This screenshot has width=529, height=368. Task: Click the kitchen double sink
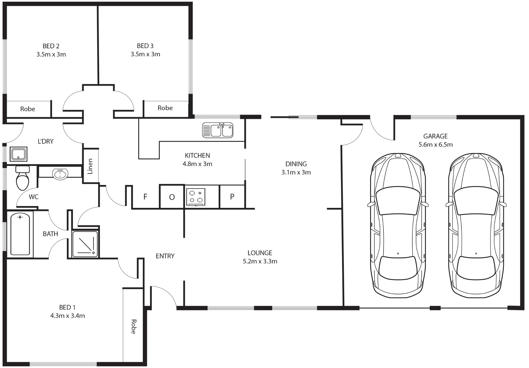coord(218,130)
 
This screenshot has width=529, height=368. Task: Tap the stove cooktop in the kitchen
coord(196,197)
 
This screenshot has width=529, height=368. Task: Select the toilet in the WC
coord(22,178)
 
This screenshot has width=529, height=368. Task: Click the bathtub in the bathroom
coord(20,234)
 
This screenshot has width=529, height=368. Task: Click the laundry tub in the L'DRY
coord(19,154)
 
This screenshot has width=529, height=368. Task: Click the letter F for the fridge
coord(145,197)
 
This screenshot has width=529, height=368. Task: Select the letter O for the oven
coord(172,197)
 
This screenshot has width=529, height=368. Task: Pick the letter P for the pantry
coord(232,197)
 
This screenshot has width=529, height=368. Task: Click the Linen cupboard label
coord(90,166)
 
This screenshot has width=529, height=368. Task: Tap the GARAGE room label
coord(435,136)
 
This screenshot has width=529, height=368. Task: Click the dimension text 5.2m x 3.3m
coord(260,261)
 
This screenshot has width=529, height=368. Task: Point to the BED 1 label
coord(67,307)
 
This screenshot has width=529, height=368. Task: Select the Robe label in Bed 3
coord(165,108)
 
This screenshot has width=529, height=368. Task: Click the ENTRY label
coord(165,256)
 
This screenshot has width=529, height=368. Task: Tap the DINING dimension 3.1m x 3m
coord(296,172)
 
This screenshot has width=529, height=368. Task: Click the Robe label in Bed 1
coord(134,327)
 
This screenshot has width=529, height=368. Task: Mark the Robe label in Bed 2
coord(28,109)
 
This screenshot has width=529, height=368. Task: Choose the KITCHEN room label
coord(197,155)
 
